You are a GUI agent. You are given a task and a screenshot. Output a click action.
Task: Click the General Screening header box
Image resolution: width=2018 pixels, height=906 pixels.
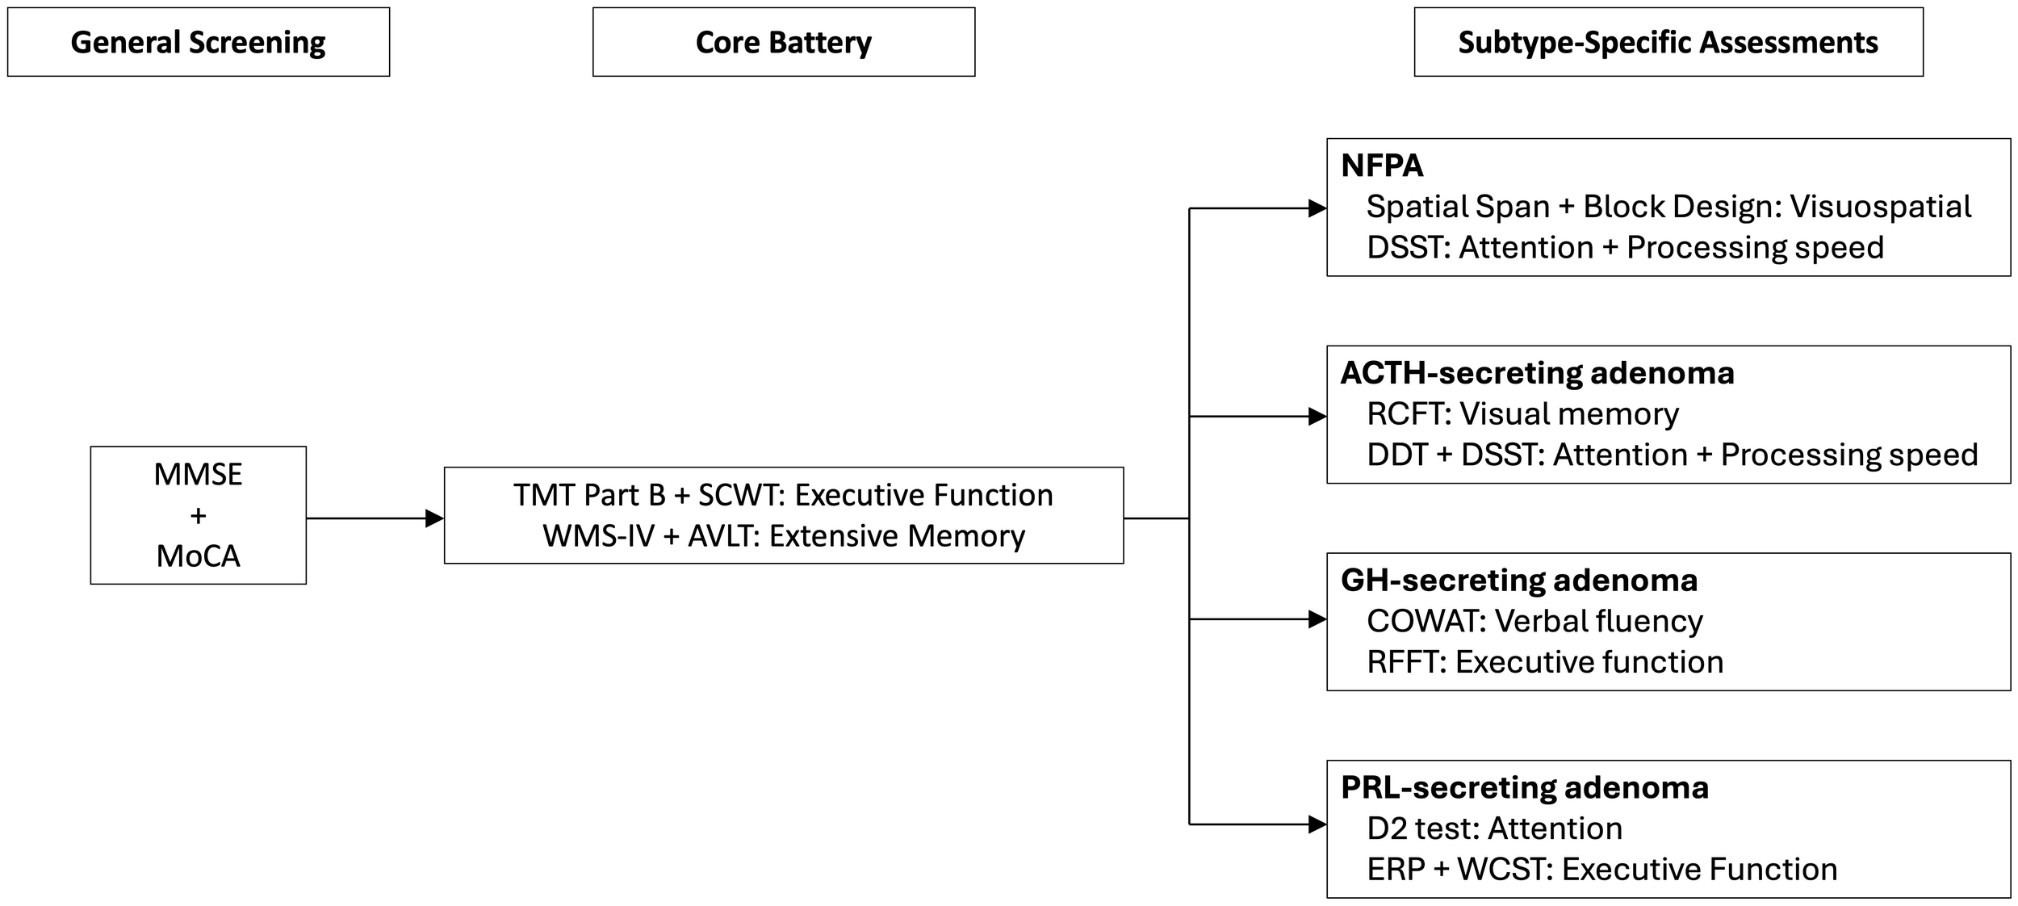click(x=199, y=42)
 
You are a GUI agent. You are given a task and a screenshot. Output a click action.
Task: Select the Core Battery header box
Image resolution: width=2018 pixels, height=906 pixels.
click(x=783, y=42)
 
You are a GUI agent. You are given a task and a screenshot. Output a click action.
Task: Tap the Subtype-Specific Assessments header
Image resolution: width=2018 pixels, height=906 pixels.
click(x=1668, y=42)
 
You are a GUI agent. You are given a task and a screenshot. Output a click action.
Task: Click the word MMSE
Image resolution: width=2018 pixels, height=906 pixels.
click(x=198, y=474)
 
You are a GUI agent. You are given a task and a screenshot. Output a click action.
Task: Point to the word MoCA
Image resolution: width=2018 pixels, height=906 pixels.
click(x=198, y=556)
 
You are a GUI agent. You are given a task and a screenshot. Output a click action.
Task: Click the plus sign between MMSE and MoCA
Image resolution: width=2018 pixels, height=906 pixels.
click(x=198, y=515)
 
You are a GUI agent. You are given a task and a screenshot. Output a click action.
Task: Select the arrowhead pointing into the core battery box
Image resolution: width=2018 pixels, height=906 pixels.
click(x=434, y=518)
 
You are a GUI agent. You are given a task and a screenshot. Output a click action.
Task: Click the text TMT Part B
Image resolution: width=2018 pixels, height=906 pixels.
click(x=589, y=495)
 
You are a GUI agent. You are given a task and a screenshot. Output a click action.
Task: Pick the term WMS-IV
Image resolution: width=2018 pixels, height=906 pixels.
click(x=598, y=536)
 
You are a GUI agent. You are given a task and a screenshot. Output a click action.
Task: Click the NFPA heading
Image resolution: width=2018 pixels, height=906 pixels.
click(x=1381, y=166)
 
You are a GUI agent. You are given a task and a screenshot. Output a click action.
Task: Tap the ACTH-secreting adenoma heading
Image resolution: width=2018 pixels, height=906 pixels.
click(x=1537, y=373)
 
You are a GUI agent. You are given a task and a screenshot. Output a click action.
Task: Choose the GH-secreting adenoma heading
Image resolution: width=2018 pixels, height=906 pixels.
click(x=1518, y=580)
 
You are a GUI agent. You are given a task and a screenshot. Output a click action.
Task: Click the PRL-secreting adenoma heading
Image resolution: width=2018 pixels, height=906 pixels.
click(x=1524, y=787)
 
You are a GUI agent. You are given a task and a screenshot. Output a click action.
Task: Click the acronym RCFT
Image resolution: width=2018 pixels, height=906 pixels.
click(x=1409, y=414)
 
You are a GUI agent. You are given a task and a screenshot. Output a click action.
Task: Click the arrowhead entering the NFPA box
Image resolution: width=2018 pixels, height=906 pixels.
click(x=1317, y=209)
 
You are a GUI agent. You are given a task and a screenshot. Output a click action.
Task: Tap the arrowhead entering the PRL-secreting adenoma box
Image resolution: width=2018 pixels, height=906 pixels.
click(x=1317, y=824)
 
